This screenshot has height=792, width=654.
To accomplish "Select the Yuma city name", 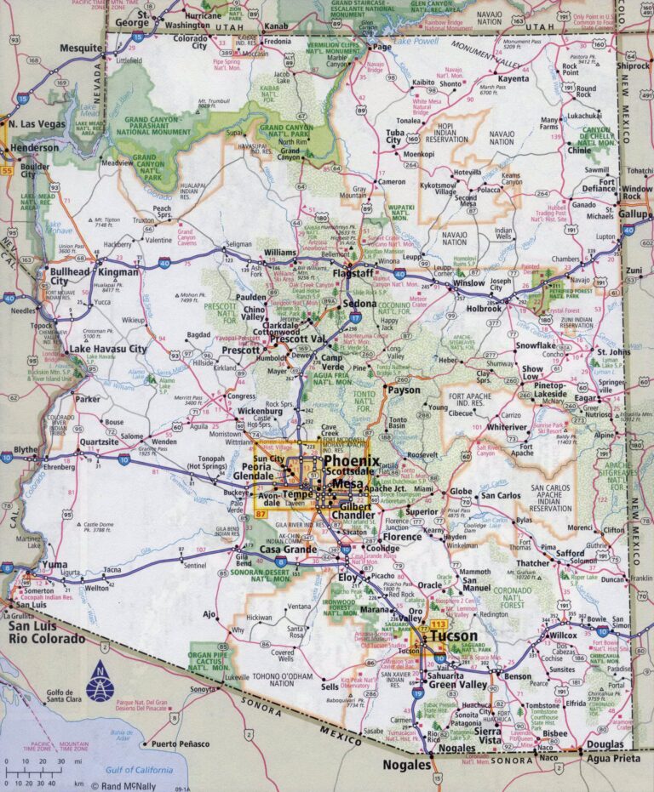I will point(54,564).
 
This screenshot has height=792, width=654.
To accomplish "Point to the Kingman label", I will point(118,272).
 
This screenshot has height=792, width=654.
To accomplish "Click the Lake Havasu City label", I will point(107,349).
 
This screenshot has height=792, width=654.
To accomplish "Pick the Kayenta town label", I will point(513,78).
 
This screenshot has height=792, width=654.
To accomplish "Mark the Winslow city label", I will point(468,283).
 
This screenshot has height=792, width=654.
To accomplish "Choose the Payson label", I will point(404,390).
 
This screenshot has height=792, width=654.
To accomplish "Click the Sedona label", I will point(360,303).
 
